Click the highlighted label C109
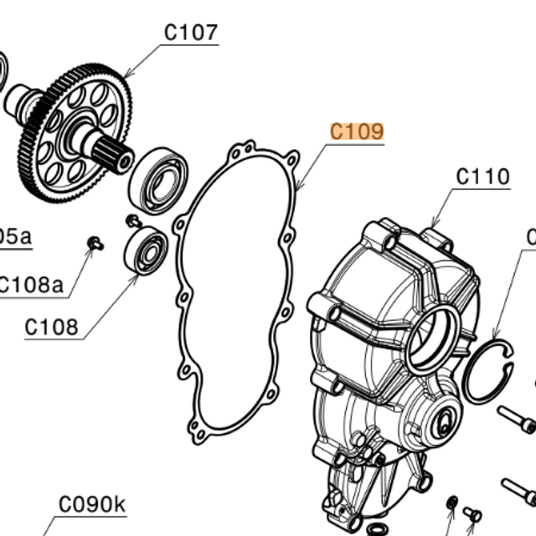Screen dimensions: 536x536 357,131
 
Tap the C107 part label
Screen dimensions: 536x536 190,33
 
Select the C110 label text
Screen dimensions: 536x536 482,177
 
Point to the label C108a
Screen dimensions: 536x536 31,285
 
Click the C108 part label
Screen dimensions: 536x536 51,326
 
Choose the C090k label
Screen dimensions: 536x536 92,504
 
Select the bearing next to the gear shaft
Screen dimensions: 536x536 157,180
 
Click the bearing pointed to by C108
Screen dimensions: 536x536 147,250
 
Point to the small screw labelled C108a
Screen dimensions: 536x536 95,244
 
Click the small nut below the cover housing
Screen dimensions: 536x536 452,502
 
